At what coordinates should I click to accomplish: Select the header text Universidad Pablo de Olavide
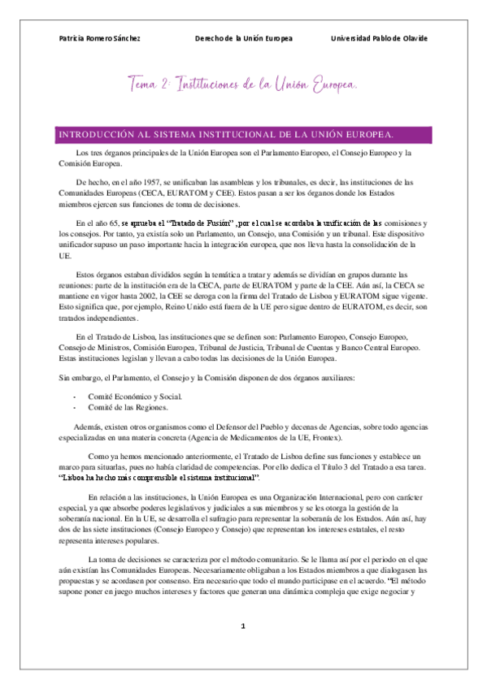[x=379, y=39]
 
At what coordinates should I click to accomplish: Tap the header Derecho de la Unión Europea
[x=244, y=39]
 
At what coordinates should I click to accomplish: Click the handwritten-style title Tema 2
[x=150, y=84]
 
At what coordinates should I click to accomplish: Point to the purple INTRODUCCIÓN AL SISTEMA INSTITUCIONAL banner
[x=243, y=133]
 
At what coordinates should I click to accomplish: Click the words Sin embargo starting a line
[x=70, y=379]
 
